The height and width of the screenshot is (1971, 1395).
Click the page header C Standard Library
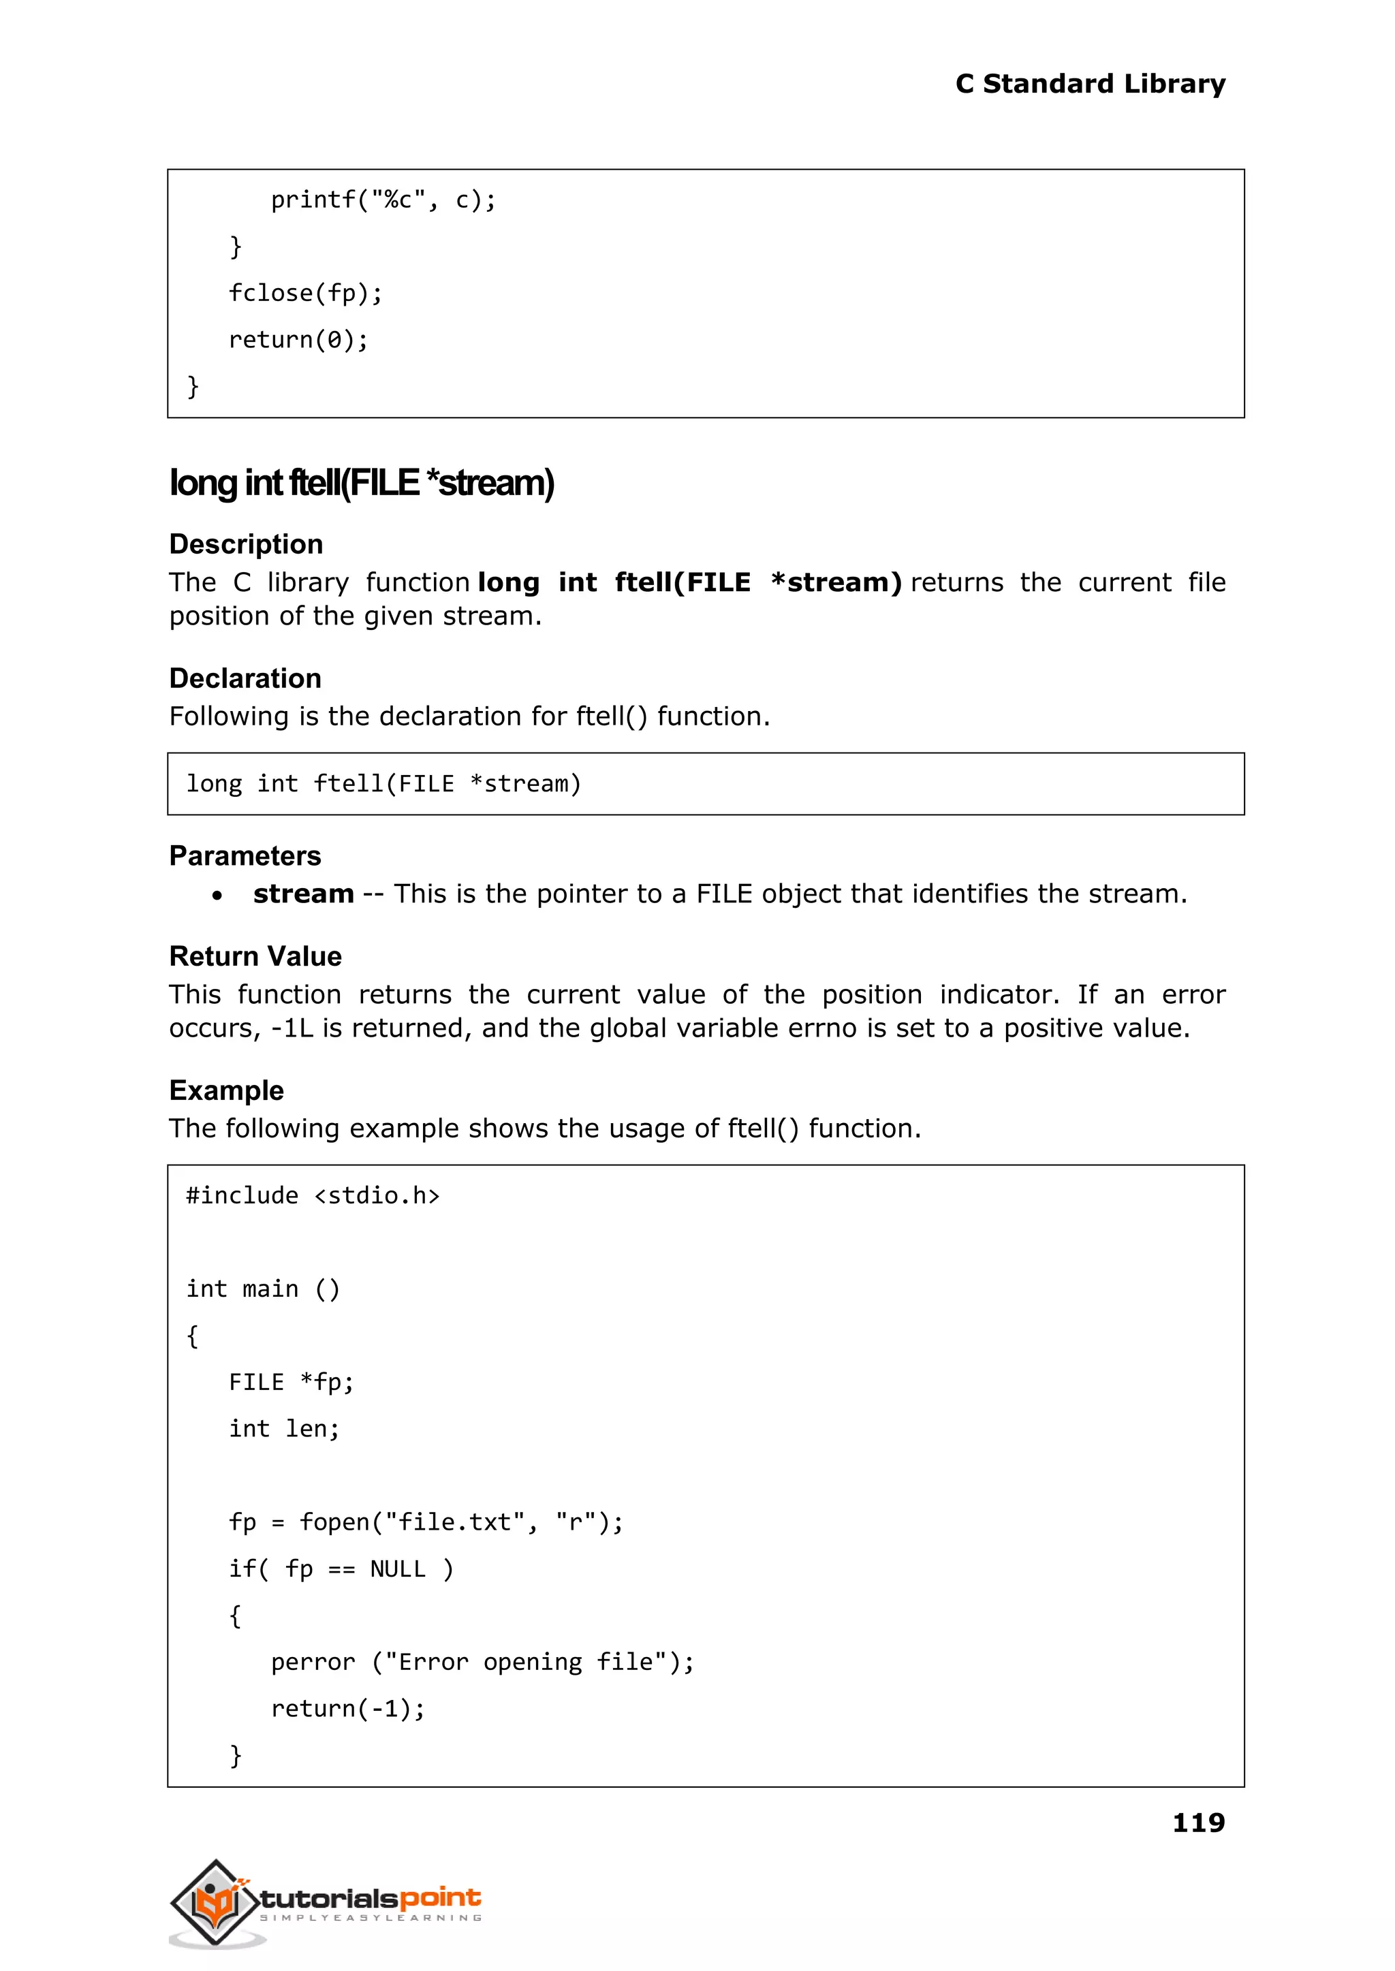(x=1089, y=84)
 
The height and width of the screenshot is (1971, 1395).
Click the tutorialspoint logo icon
(x=215, y=1902)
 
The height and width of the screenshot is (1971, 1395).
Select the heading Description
(x=246, y=544)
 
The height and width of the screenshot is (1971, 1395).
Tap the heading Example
(x=226, y=1090)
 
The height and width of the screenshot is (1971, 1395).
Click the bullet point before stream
(x=217, y=896)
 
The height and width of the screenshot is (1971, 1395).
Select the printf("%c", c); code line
(x=383, y=200)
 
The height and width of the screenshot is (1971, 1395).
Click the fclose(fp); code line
(x=305, y=294)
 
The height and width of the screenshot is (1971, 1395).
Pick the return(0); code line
(x=298, y=340)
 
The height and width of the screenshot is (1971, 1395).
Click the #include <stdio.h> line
(x=313, y=1195)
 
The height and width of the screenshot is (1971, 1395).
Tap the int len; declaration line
(x=283, y=1428)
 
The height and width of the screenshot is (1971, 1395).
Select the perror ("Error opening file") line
(x=482, y=1662)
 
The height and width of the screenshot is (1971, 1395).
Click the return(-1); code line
(x=348, y=1708)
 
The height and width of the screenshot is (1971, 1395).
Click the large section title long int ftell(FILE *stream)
(x=362, y=483)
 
